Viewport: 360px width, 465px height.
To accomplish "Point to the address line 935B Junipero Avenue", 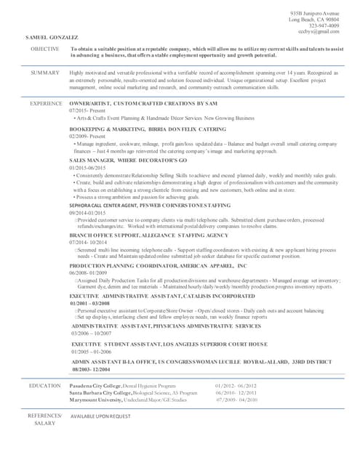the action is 314,14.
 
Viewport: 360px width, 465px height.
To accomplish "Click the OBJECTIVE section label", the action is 44,48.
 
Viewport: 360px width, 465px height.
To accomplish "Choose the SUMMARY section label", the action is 45,73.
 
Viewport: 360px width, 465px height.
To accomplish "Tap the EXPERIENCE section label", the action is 45,104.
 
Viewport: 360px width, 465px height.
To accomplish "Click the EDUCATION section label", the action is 44,385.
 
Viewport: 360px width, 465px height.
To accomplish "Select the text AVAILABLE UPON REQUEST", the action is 100,416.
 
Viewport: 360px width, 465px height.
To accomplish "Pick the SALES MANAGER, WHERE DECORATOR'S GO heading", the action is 128,159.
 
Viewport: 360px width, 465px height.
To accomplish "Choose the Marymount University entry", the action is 99,400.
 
